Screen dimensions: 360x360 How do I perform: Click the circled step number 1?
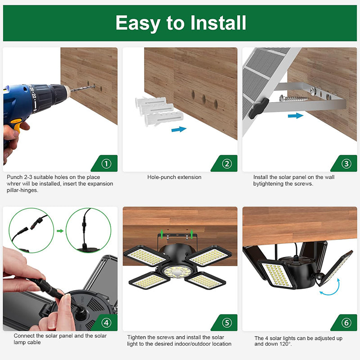coord(106,163)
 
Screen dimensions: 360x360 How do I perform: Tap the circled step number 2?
coord(226,163)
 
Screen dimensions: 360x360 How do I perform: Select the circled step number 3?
coord(346,163)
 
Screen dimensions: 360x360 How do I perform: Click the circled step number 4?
coord(106,323)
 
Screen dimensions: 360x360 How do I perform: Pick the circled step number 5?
coord(226,323)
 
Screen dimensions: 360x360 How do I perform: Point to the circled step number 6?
coord(346,323)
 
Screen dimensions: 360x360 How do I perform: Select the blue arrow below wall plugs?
coord(179,130)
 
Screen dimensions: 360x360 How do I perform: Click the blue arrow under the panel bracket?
coord(295,116)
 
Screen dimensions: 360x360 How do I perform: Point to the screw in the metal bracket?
coord(295,97)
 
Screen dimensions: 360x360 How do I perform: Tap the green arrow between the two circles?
coord(59,231)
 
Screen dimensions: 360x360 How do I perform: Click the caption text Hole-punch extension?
coord(174,177)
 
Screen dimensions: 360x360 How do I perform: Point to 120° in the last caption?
coord(285,344)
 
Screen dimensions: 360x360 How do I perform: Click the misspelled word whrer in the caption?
coord(14,184)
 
